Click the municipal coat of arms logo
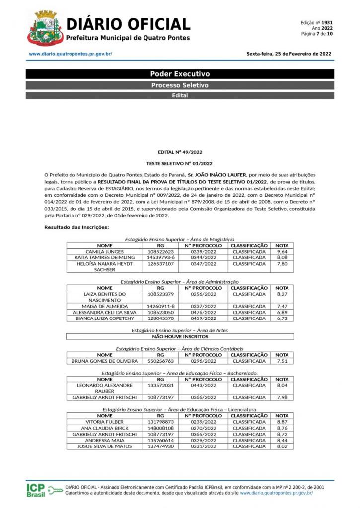tap(45, 28)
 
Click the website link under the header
tap(70, 54)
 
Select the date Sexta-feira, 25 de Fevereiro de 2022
tap(289, 54)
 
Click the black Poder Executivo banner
tap(180, 74)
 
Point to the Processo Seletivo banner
tap(180, 85)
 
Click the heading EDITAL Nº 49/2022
tap(180, 153)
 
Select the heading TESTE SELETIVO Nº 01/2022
tap(180, 163)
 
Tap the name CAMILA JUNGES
tap(105, 252)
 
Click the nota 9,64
tap(282, 252)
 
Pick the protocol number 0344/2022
tap(204, 258)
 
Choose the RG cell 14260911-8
tap(160, 307)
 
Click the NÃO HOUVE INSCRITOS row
tap(180, 336)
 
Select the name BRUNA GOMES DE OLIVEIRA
tap(105, 361)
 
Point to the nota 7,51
tap(282, 361)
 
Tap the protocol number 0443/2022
tap(204, 385)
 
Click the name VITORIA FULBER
tap(105, 422)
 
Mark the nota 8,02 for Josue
tap(282, 446)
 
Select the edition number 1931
tap(327, 23)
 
